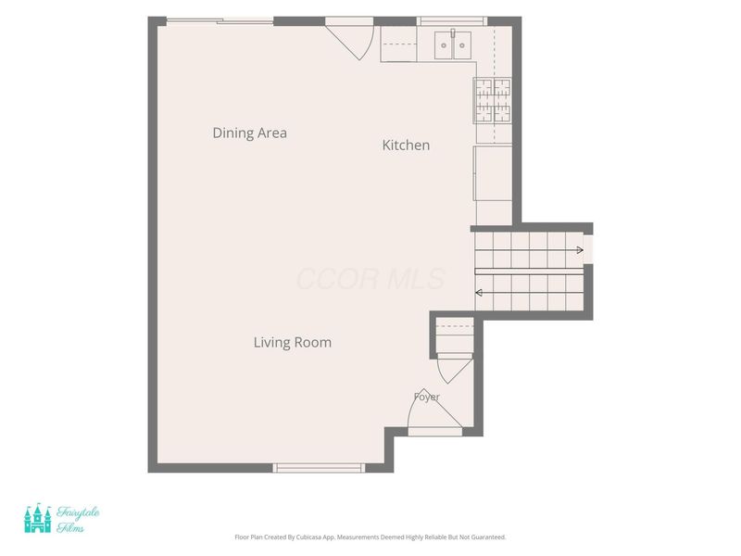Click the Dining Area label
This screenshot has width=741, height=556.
click(x=249, y=133)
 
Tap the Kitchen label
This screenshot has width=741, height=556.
click(x=406, y=145)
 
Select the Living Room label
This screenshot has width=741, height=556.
click(x=293, y=342)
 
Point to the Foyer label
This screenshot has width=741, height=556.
click(x=427, y=397)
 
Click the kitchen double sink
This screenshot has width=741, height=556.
click(x=453, y=44)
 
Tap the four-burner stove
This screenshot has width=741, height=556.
click(x=493, y=100)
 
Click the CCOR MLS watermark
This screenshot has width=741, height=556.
click(x=370, y=279)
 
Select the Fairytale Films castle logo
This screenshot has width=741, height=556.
click(x=38, y=518)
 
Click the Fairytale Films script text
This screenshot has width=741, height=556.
click(x=78, y=520)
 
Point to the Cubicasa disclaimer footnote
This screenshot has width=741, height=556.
click(x=370, y=537)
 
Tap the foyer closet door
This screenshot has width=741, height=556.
click(x=455, y=368)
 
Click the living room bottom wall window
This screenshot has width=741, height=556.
click(x=319, y=468)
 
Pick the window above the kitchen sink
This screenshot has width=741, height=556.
click(x=452, y=21)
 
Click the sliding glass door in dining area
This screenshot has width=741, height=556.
click(x=220, y=20)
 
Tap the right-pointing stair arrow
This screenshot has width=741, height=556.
click(x=529, y=249)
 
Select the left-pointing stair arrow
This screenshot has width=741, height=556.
click(x=529, y=293)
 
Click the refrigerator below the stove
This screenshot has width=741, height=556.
click(x=493, y=173)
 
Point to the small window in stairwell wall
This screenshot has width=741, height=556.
click(x=588, y=249)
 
